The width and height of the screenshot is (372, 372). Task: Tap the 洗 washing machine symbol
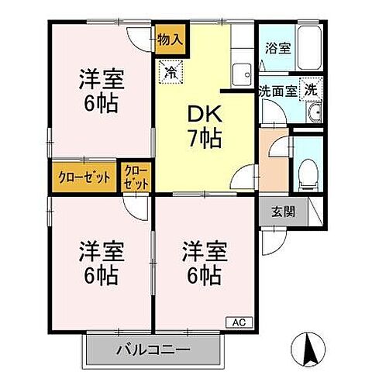310,89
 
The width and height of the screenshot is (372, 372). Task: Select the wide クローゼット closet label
84,177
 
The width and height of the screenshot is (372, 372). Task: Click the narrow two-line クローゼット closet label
135,177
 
